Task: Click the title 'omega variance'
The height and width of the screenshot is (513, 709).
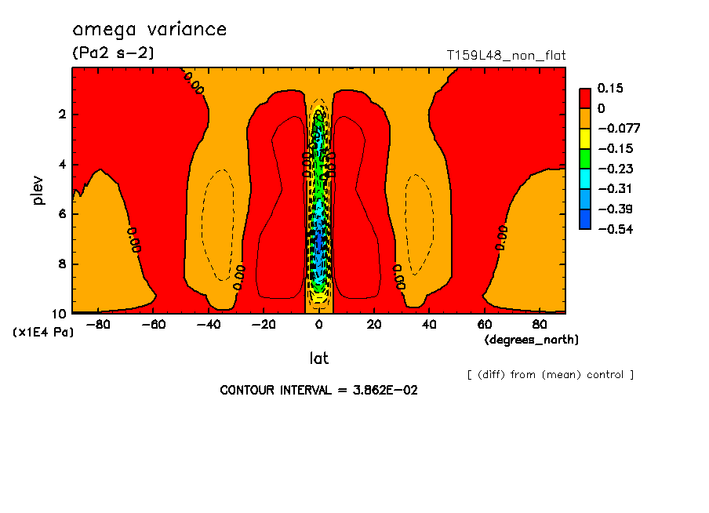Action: point(149,30)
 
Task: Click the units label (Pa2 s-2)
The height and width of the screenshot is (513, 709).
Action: point(113,53)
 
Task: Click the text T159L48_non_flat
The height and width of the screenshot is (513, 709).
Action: point(506,56)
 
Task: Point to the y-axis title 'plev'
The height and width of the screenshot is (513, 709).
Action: point(38,190)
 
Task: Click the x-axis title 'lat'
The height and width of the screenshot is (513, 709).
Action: point(318,358)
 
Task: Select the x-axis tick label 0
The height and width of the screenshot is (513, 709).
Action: point(319,324)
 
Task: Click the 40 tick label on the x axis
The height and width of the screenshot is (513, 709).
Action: point(429,324)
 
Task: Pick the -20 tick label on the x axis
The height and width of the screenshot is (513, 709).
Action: point(263,324)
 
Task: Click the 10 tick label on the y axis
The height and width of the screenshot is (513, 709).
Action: point(61,314)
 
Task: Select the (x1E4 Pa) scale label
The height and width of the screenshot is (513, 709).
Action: point(43,333)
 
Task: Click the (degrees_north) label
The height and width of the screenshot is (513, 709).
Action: point(531,340)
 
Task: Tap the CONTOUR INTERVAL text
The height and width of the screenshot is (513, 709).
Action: point(318,390)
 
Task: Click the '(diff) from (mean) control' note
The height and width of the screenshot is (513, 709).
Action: point(550,375)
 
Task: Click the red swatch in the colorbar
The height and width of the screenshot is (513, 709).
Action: point(585,98)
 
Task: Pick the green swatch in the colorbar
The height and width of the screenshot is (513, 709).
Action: point(585,158)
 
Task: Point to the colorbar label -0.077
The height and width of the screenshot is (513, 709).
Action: point(615,129)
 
